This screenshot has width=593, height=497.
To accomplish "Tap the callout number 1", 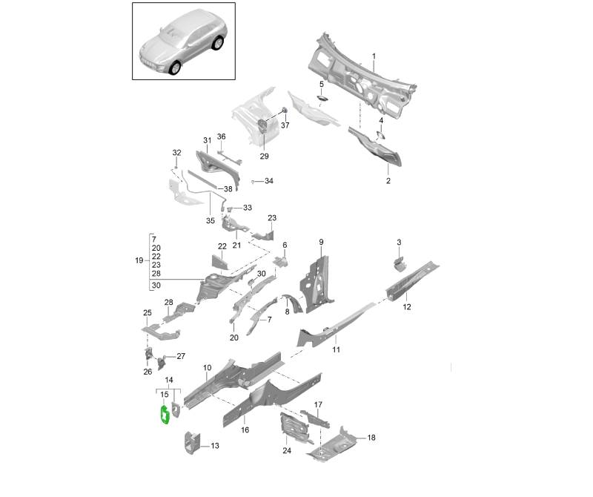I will click(x=374, y=57).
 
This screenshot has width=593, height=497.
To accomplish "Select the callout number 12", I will click(x=406, y=307).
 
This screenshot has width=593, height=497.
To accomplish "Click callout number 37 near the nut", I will click(x=285, y=125).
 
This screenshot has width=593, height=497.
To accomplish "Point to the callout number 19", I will click(x=139, y=261).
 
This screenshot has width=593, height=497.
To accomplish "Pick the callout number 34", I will click(x=268, y=181).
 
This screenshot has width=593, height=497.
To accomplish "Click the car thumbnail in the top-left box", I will click(x=183, y=42).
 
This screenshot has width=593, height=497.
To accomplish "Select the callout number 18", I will click(x=371, y=438).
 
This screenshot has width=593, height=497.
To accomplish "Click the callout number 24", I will click(x=287, y=450).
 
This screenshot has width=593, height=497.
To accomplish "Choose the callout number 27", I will click(x=181, y=356).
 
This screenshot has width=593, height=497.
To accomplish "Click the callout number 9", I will click(x=322, y=243).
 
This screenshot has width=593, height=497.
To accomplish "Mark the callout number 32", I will click(x=176, y=153).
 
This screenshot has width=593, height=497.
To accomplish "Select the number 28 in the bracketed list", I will click(x=156, y=274).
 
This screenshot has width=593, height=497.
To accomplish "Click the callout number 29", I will click(x=264, y=157).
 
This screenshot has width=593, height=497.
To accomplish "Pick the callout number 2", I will click(x=387, y=181).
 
